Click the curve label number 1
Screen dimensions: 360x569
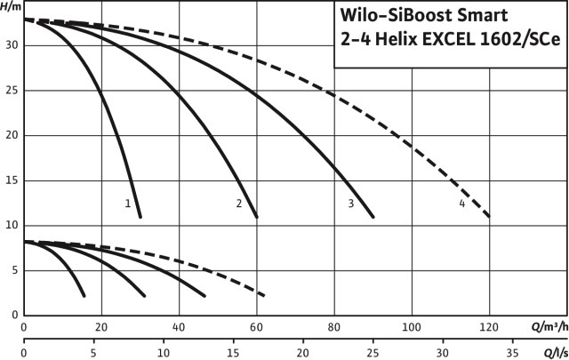click(x=128, y=204)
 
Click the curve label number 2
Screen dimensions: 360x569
click(x=239, y=204)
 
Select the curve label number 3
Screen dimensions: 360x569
click(x=351, y=204)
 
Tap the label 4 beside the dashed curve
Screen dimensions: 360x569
click(x=462, y=204)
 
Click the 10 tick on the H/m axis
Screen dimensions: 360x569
click(x=12, y=225)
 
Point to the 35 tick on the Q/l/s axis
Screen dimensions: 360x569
click(x=512, y=351)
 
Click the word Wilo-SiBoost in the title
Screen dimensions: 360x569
click(x=397, y=15)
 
